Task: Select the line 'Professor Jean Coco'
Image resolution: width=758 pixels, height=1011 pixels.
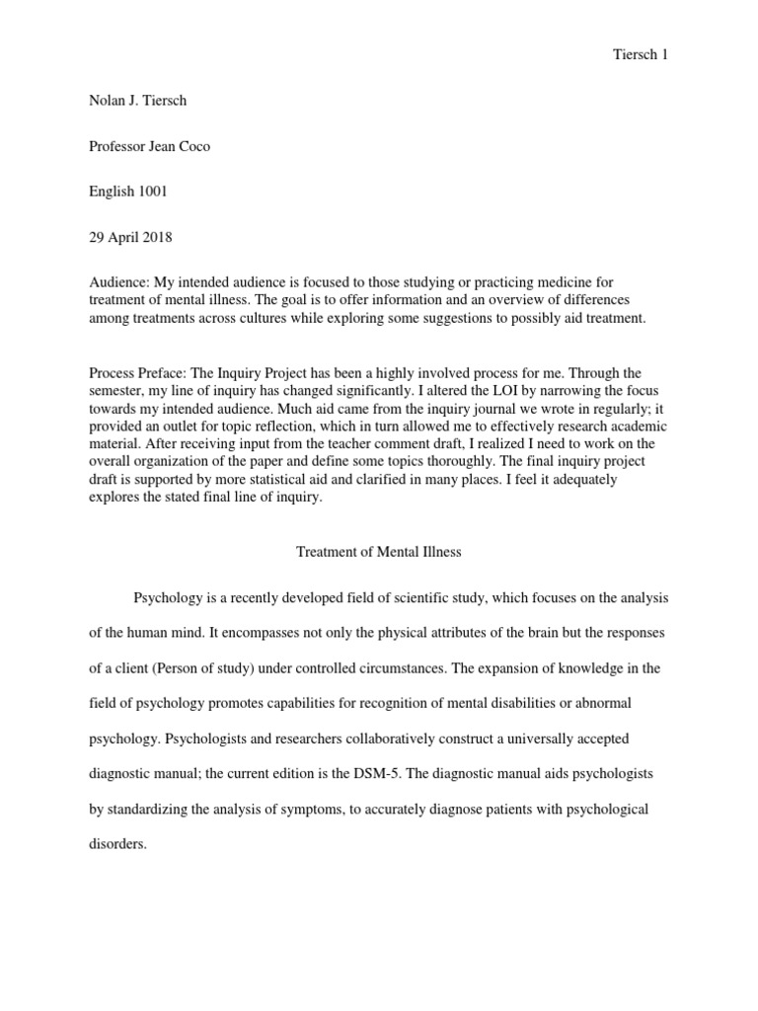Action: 149,146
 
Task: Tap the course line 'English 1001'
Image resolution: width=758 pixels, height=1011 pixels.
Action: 128,192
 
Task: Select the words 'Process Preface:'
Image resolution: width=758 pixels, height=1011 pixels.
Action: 141,373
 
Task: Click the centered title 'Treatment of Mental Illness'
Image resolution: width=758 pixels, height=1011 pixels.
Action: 379,552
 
